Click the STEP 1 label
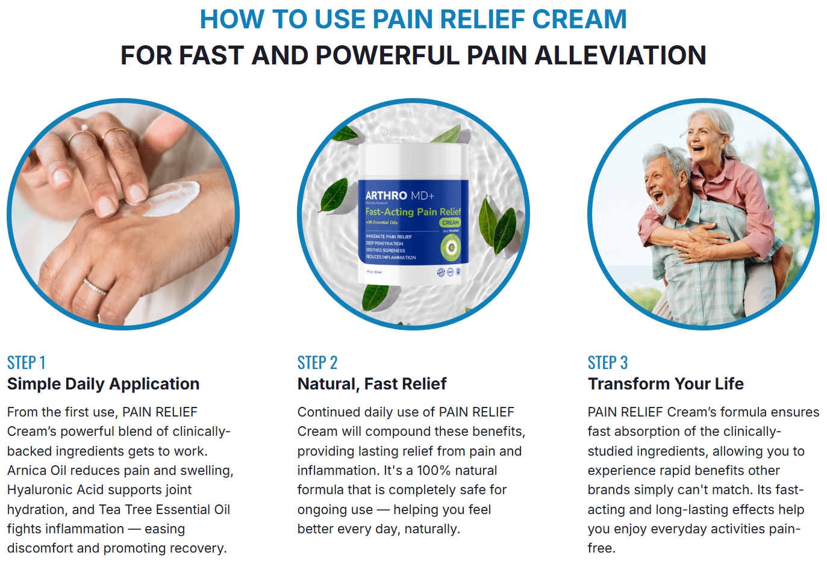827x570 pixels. click(26, 363)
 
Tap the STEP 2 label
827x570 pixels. click(317, 363)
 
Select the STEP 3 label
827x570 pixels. click(607, 363)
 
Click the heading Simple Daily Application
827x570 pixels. click(103, 384)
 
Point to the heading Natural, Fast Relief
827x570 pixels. click(372, 384)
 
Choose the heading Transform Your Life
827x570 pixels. click(666, 384)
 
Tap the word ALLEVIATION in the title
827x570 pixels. click(620, 55)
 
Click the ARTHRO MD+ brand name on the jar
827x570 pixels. click(399, 196)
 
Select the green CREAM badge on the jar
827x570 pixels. click(450, 223)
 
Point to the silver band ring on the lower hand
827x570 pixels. click(95, 287)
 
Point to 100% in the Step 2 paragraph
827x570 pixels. click(437, 471)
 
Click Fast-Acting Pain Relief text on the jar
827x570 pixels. click(413, 212)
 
